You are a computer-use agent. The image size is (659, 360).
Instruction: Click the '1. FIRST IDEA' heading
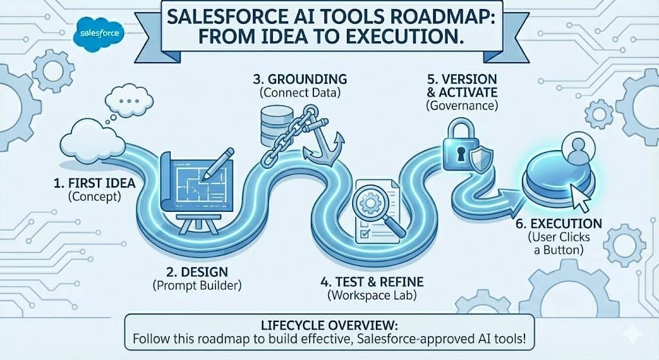95,184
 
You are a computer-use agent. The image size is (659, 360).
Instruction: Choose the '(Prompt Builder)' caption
197,286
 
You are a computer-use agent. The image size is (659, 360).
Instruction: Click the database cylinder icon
273,126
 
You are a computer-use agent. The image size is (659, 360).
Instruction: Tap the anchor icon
323,142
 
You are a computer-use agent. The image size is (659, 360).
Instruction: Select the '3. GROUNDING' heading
300,79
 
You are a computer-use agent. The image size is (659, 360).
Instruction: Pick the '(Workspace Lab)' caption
372,296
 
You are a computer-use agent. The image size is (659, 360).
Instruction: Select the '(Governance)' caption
462,105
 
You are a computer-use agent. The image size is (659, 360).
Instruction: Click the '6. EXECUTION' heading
559,223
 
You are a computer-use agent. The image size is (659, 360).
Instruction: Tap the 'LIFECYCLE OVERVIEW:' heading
329,325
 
